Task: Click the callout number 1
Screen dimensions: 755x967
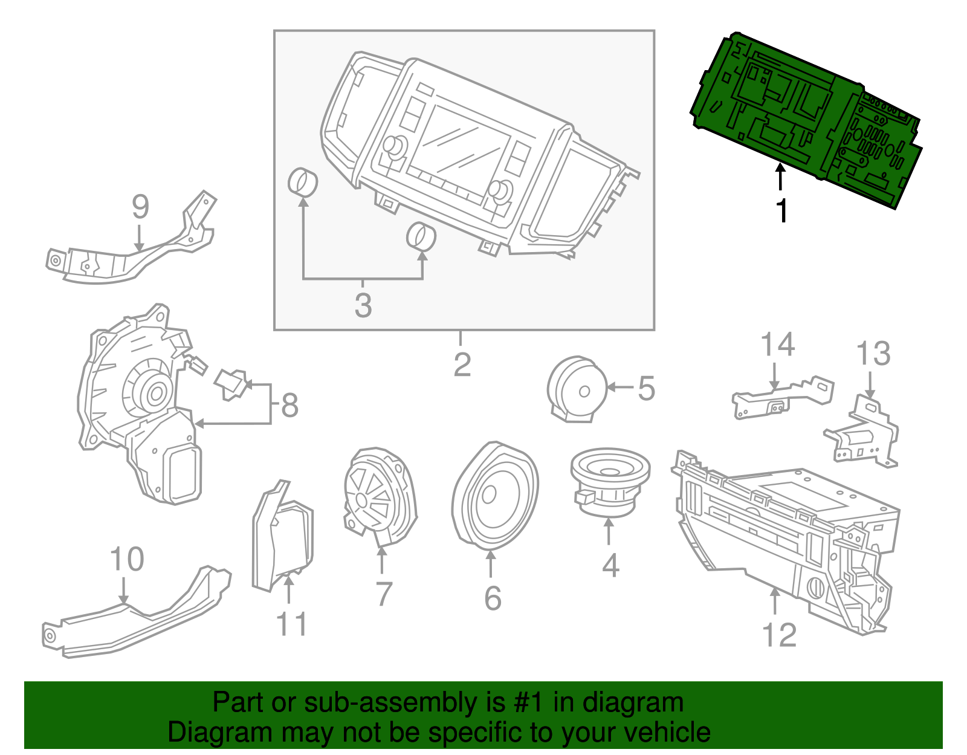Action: (x=782, y=211)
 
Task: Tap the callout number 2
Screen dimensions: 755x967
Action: (x=462, y=365)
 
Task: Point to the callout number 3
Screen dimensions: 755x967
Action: (x=363, y=305)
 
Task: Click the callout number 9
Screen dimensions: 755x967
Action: (x=140, y=207)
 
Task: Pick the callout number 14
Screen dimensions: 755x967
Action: (x=777, y=345)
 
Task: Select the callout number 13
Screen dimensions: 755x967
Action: (x=873, y=354)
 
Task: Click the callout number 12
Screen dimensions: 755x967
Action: (x=780, y=635)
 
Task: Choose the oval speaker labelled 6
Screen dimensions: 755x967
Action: (x=494, y=496)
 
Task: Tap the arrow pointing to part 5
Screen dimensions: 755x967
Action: (x=619, y=387)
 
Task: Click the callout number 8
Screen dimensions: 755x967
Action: (x=290, y=405)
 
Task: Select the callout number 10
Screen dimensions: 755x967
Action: (x=127, y=559)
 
